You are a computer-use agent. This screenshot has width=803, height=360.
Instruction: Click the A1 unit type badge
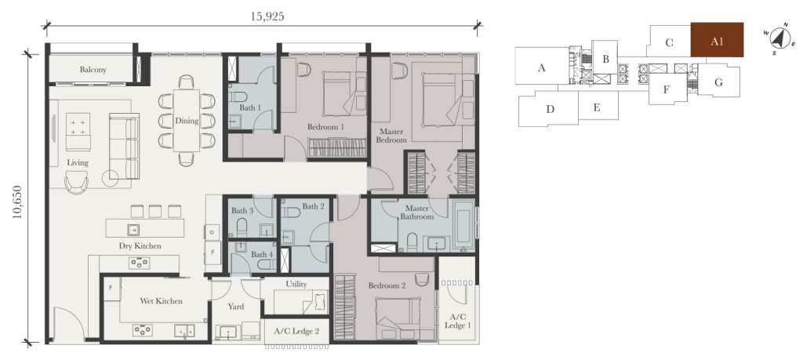tap(717, 41)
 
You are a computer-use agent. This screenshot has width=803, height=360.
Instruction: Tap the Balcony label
tap(93, 70)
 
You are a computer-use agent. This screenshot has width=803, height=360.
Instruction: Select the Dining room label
tap(187, 121)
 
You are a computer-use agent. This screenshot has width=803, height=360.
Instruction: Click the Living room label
tap(78, 162)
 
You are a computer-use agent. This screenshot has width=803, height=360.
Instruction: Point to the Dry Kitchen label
tap(140, 245)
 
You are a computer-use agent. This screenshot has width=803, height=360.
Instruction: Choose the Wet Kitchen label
tap(161, 300)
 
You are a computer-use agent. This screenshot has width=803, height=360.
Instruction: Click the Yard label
tap(236, 307)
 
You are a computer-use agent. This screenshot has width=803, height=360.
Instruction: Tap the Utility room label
tap(296, 284)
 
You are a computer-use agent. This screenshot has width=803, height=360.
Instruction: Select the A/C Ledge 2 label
tap(296, 331)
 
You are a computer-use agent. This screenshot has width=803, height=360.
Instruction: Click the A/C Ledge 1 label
tap(458, 320)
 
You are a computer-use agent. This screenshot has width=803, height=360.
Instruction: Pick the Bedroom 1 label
tap(325, 127)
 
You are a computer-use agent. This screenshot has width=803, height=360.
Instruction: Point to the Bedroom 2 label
tap(387, 285)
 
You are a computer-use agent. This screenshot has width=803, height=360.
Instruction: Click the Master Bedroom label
tap(391, 135)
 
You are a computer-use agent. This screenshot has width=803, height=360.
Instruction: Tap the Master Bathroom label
tap(416, 213)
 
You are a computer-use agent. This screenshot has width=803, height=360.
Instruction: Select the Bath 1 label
tap(250, 107)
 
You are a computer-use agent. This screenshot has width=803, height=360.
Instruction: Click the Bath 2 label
tap(313, 206)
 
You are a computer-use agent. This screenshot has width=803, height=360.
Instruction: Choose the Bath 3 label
tap(242, 210)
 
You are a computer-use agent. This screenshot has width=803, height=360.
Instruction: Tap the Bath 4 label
tap(262, 254)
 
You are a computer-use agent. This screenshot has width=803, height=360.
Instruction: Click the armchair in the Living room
tap(77, 182)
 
